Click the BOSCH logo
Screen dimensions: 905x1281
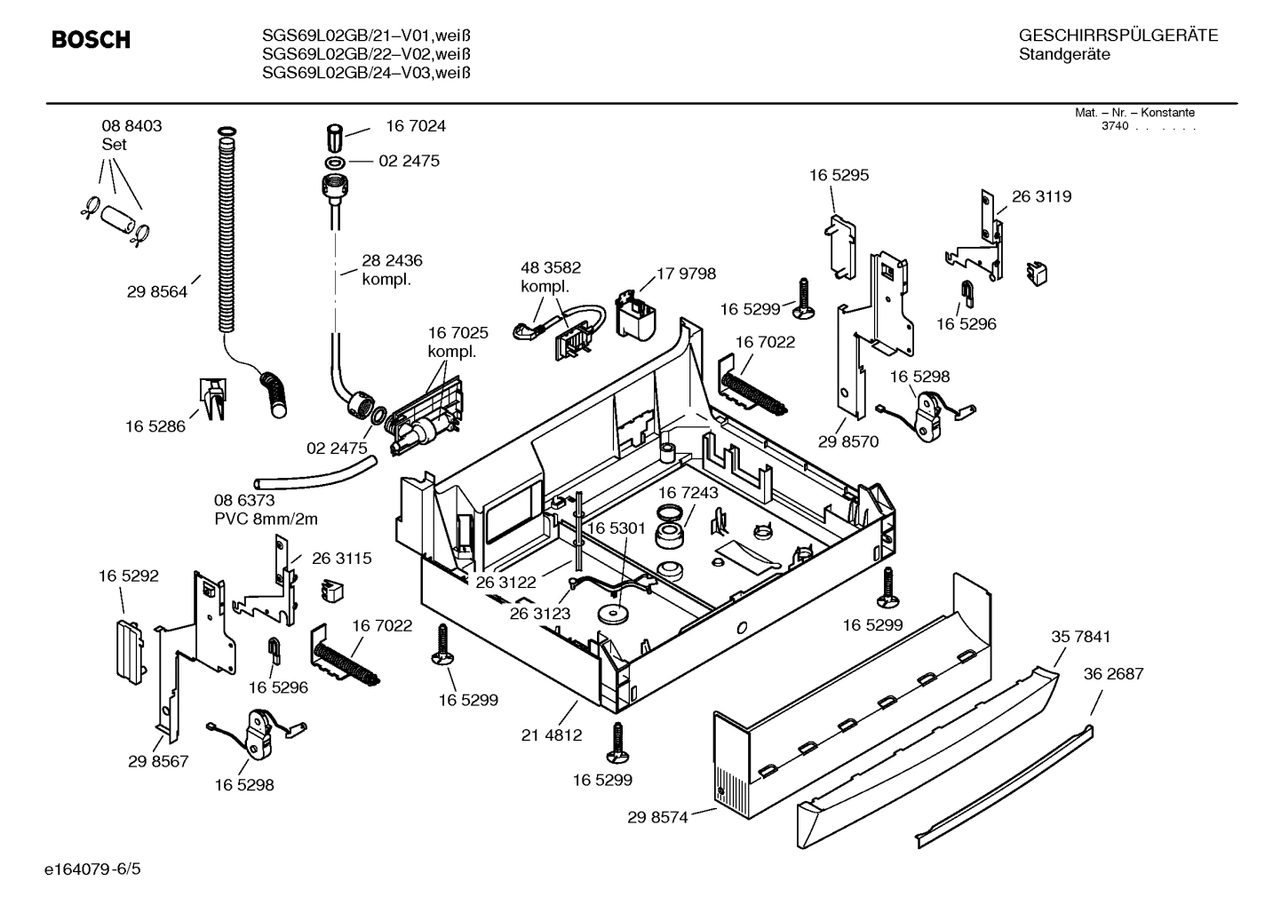(91, 40)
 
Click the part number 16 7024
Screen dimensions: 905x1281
(415, 126)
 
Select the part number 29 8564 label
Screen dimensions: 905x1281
(157, 291)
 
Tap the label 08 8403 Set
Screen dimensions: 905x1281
(131, 135)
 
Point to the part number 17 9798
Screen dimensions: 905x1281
(686, 274)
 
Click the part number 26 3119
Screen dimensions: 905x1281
(1041, 196)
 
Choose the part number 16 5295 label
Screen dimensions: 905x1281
(839, 175)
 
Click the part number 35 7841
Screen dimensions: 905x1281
(1080, 637)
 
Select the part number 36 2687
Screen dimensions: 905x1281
(1113, 674)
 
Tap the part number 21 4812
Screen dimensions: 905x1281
(552, 734)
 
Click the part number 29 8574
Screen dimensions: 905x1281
(657, 817)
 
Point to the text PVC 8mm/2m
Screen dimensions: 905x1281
(266, 520)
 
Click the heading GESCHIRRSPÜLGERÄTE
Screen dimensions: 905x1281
(1118, 36)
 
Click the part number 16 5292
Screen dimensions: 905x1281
(128, 576)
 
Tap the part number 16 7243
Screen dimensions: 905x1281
(688, 492)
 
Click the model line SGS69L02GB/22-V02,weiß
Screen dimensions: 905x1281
(365, 54)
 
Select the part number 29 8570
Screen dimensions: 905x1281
(847, 441)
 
